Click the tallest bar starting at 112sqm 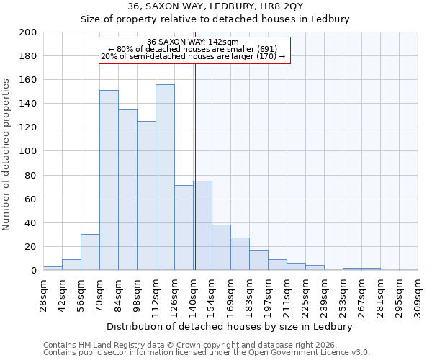click(x=165, y=177)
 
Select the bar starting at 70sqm click(x=109, y=180)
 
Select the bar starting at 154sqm click(x=221, y=248)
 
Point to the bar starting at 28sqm click(x=53, y=268)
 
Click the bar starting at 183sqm click(x=258, y=260)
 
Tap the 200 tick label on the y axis click(x=28, y=32)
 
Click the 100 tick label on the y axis click(x=28, y=152)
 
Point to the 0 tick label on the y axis click(x=33, y=271)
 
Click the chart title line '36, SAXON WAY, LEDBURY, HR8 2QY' click(x=215, y=6)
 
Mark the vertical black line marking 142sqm click(x=195, y=166)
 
